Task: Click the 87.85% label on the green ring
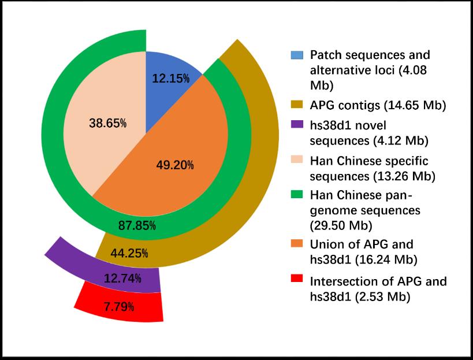coord(137,226)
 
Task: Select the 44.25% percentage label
coord(129,253)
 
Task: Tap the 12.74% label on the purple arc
coord(122,279)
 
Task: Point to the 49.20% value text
coord(175,166)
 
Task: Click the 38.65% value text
coord(108,123)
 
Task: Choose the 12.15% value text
coord(170,78)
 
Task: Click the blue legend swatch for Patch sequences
coord(296,55)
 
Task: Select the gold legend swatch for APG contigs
coord(296,105)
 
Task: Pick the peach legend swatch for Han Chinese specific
coord(296,159)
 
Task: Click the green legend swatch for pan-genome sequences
coord(296,194)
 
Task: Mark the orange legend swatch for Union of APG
coord(296,244)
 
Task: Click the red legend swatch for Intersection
coord(296,281)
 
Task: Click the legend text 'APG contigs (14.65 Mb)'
coord(370,105)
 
